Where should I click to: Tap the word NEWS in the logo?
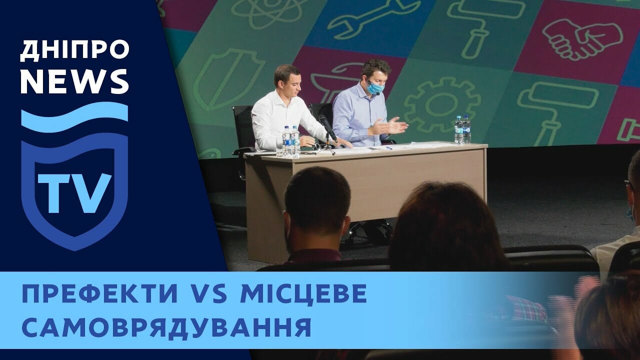[74, 81]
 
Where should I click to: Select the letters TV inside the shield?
[74, 193]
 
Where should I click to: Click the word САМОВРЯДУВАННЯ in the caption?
[166, 327]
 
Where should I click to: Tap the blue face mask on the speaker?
[375, 87]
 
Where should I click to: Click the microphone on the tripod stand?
[327, 127]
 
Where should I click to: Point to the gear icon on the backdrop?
[442, 104]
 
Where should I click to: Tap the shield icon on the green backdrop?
[227, 79]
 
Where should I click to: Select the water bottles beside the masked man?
[462, 129]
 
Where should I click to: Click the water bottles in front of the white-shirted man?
[291, 142]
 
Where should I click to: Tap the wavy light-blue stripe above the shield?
[74, 117]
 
